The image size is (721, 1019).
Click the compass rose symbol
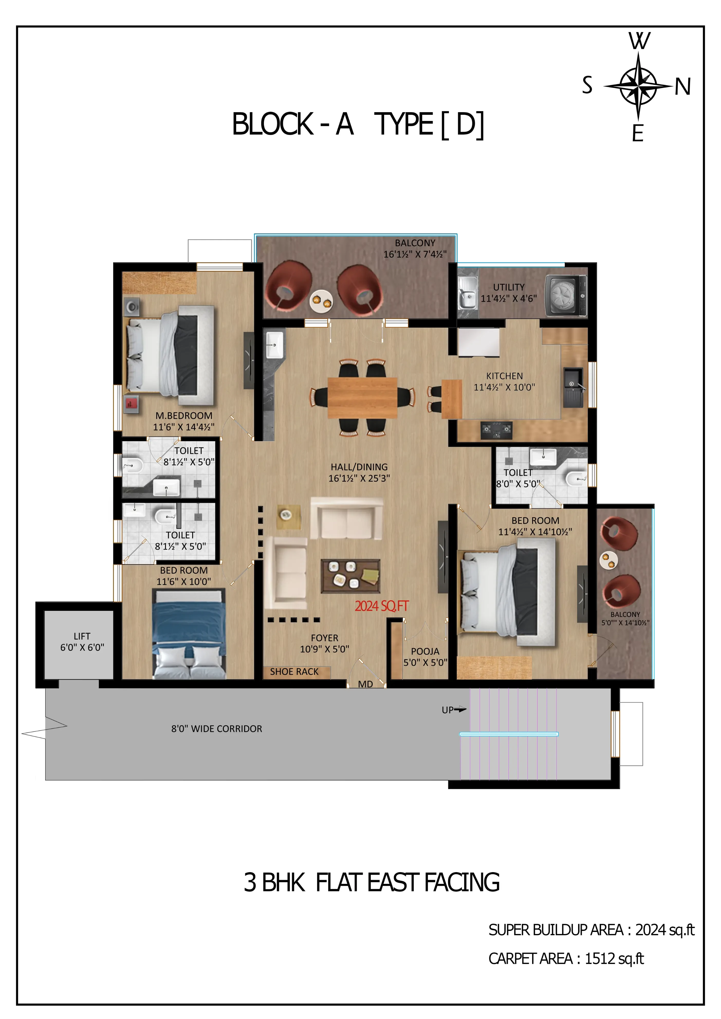[638, 86]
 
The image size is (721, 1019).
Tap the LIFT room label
[82, 636]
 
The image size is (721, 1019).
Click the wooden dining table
[362, 397]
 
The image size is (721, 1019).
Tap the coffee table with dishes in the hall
[350, 576]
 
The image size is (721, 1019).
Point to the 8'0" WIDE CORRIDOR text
[217, 729]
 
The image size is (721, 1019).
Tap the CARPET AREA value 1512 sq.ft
[614, 959]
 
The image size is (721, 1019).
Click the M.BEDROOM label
[184, 416]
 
